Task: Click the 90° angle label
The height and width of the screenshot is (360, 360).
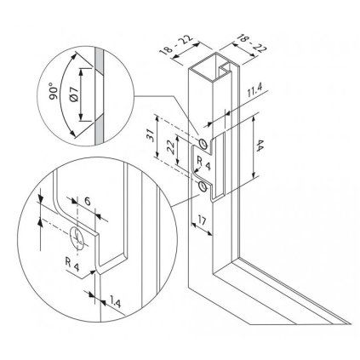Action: tap(54, 91)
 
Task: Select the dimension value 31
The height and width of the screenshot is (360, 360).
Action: tap(150, 135)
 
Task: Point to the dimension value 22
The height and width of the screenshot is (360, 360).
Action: tap(170, 147)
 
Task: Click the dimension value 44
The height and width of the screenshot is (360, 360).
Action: tap(260, 146)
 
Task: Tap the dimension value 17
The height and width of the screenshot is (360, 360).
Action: tap(202, 220)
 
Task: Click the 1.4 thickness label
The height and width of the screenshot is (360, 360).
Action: tap(116, 302)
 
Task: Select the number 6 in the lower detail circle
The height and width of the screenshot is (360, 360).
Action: tap(88, 202)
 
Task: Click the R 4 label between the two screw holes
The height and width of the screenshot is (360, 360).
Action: tap(203, 163)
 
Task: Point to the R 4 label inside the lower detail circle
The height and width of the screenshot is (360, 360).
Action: tap(72, 264)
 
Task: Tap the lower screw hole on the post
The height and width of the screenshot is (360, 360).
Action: tap(203, 186)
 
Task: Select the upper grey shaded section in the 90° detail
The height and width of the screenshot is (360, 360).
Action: tap(100, 60)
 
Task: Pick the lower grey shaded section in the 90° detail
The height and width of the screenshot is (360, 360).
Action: tap(100, 130)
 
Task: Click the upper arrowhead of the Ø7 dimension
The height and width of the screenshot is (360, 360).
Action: tap(81, 72)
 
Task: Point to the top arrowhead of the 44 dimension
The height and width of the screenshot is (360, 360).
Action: tap(253, 119)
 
